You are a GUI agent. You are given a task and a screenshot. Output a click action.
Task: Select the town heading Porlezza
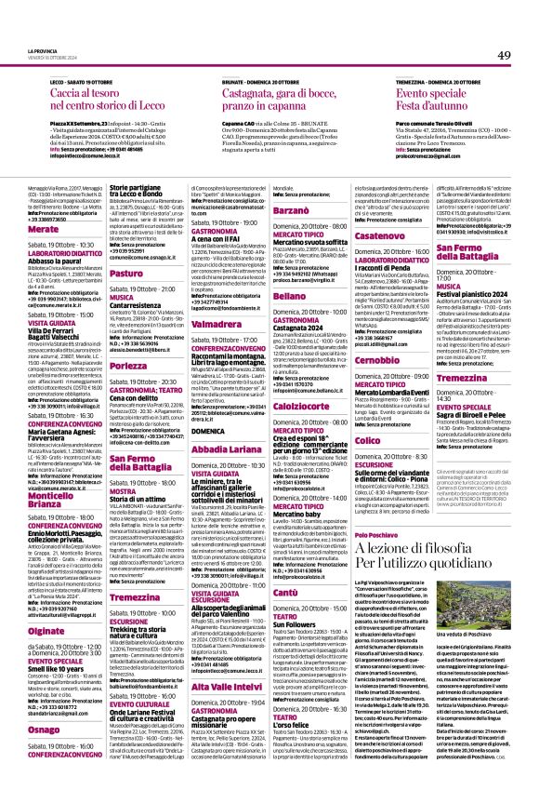128,340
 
